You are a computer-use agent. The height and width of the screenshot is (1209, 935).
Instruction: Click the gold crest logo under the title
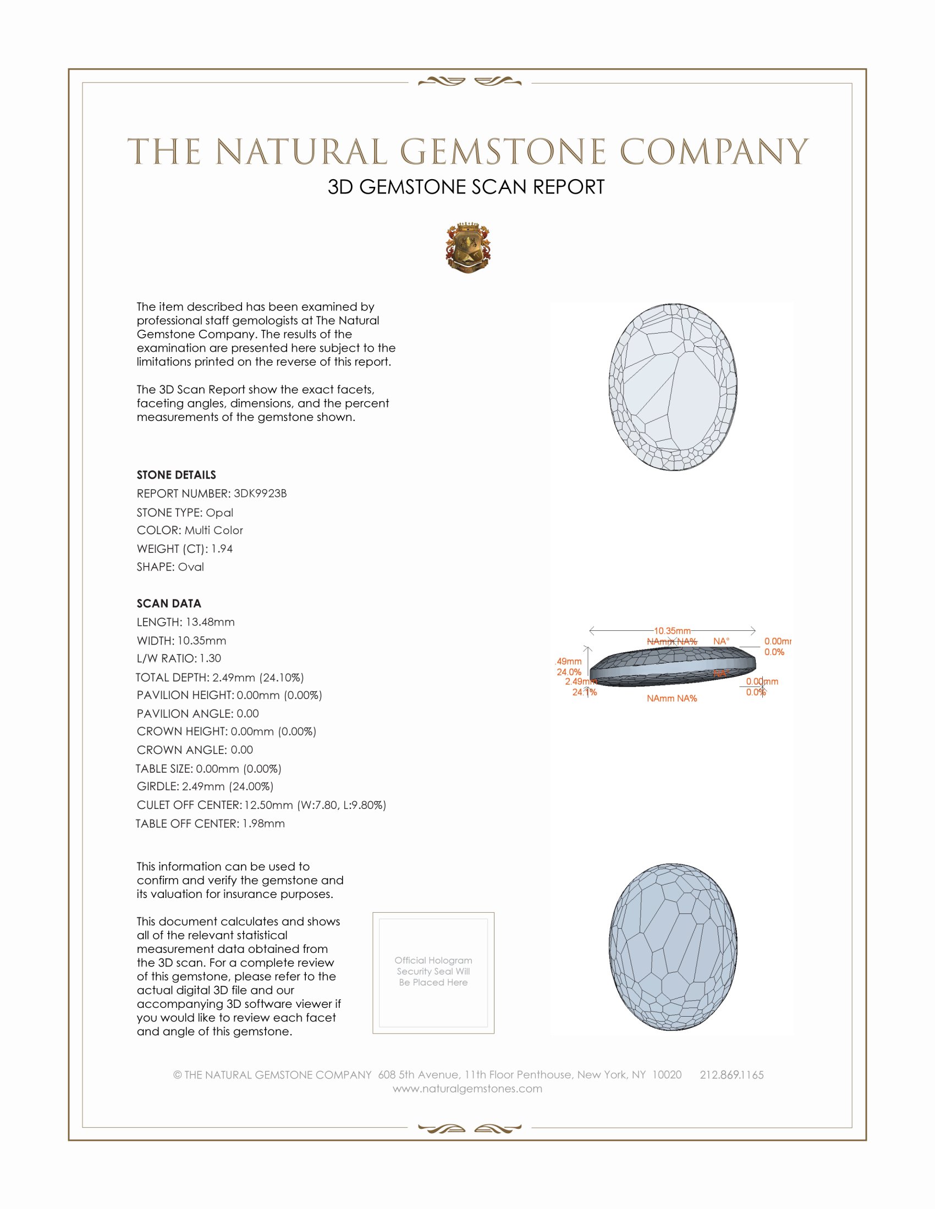[x=468, y=247]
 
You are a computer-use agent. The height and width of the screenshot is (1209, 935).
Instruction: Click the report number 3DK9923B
[x=260, y=493]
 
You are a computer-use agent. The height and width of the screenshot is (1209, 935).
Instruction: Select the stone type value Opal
[x=219, y=513]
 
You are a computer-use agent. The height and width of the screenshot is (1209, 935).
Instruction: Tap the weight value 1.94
[x=222, y=548]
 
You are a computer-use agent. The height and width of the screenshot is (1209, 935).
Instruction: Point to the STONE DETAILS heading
[x=176, y=475]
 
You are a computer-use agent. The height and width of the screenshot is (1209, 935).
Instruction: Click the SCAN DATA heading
[x=168, y=603]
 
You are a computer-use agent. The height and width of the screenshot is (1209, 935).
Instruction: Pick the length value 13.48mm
[x=210, y=622]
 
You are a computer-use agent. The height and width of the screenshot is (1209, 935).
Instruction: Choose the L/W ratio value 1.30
[x=210, y=658]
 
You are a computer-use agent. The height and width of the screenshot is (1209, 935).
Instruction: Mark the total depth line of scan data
[x=220, y=678]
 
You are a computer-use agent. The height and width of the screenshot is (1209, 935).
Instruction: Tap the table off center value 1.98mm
[x=263, y=824]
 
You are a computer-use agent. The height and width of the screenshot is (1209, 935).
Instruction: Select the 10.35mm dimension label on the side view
[x=672, y=630]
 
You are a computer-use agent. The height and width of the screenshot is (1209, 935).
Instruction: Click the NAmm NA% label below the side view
[x=672, y=698]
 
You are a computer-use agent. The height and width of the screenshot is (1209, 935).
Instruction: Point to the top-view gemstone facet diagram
[x=673, y=387]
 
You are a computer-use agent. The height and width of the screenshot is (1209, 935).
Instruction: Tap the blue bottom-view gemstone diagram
[x=673, y=947]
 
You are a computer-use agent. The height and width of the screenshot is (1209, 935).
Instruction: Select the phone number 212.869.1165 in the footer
[x=731, y=1075]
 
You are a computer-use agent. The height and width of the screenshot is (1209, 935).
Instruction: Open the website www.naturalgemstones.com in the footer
[x=467, y=1089]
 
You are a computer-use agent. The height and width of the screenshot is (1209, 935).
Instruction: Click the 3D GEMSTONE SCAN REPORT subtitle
[x=466, y=187]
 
